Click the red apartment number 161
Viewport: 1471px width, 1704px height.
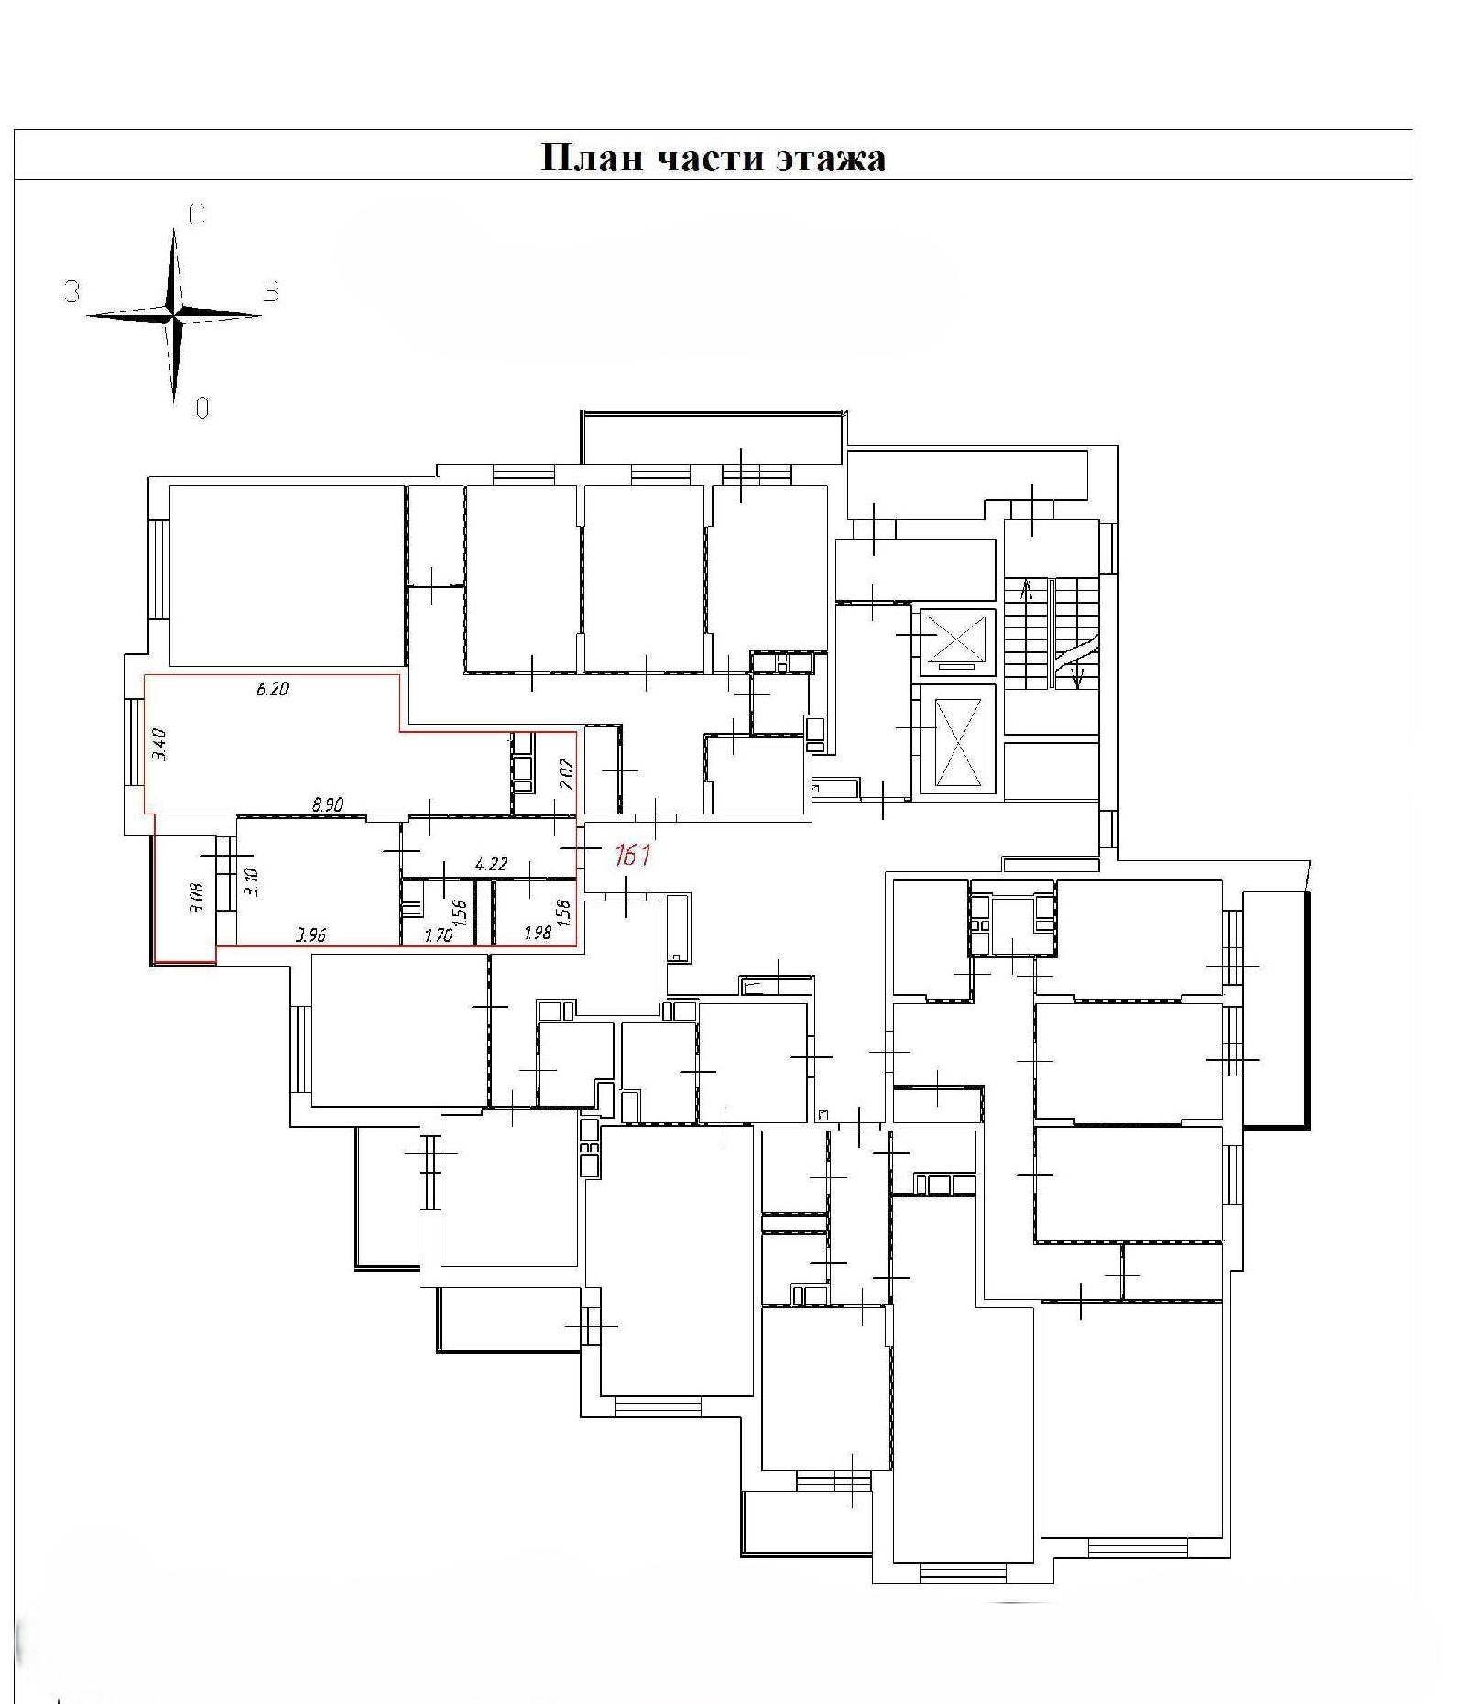632,856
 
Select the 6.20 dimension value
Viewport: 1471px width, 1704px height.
271,689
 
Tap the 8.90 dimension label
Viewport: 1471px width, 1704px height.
327,804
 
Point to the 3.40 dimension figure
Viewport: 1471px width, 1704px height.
159,744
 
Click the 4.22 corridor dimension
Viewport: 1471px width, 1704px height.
491,864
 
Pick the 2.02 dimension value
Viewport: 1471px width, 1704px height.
566,774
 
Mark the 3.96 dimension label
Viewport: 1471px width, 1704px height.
311,935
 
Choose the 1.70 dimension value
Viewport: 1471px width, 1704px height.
438,935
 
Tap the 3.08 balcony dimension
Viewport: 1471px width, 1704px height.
196,898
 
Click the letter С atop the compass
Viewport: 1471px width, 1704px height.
196,215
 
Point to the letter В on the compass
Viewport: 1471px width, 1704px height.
271,292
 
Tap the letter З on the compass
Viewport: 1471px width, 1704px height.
71,292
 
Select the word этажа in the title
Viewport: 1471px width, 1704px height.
831,158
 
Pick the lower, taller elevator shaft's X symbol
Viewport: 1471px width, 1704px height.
956,743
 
